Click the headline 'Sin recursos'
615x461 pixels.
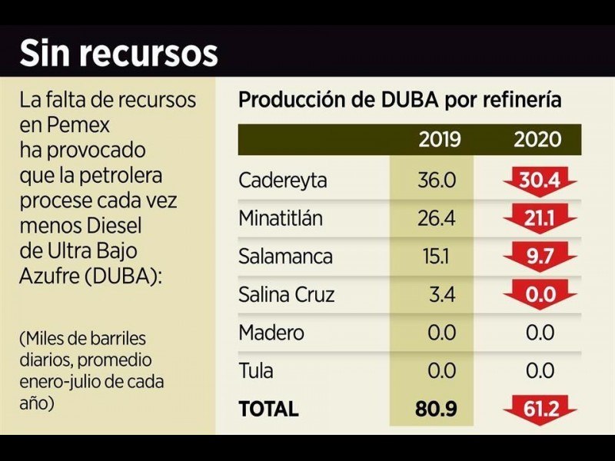[x=118, y=53]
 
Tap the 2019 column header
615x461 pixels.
[x=440, y=140]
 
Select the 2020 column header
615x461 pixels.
[x=537, y=140]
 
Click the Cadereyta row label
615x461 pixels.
[x=282, y=181]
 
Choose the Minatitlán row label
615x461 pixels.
[x=281, y=219]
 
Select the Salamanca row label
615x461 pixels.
[x=285, y=257]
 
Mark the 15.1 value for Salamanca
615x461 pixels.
[x=442, y=257]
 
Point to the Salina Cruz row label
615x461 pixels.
[x=287, y=295]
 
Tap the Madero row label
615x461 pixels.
[x=271, y=333]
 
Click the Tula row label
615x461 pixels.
[x=256, y=371]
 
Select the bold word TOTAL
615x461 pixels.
[x=268, y=410]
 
